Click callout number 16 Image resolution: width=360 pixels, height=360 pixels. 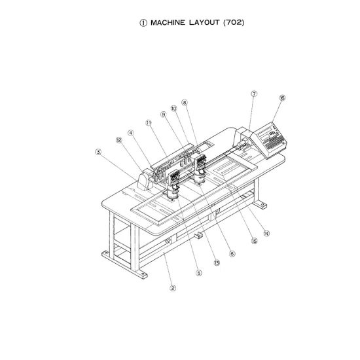282,98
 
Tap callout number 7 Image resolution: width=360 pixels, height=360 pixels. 254,94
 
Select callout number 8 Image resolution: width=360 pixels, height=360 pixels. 185,102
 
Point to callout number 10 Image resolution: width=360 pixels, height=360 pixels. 174,109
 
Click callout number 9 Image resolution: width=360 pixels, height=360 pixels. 163,115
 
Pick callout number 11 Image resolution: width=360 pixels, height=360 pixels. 149,123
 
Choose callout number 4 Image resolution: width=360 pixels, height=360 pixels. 131,133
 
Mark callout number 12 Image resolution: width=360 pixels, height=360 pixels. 119,140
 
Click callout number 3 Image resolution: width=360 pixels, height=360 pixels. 98,152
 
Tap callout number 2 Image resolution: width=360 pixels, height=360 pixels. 173,288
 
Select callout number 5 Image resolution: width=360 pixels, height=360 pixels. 199,273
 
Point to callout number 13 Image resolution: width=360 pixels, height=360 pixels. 217,262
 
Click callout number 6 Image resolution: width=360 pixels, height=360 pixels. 232,254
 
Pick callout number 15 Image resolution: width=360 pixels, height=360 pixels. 254,241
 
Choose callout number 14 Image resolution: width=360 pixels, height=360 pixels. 266,234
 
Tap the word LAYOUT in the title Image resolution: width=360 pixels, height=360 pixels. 204,22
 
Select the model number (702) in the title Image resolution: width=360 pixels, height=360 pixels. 234,22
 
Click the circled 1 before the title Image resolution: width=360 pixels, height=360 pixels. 143,23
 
